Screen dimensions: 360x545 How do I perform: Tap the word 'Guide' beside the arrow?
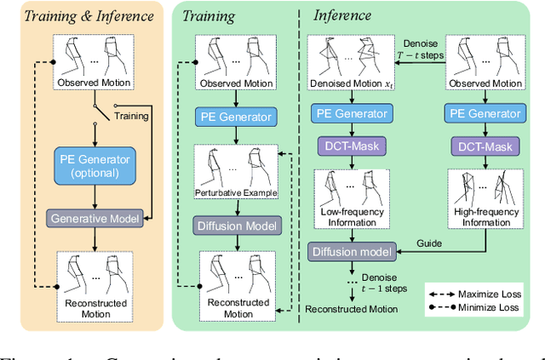pos(431,243)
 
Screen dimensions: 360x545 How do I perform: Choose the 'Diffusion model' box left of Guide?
pos(351,252)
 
